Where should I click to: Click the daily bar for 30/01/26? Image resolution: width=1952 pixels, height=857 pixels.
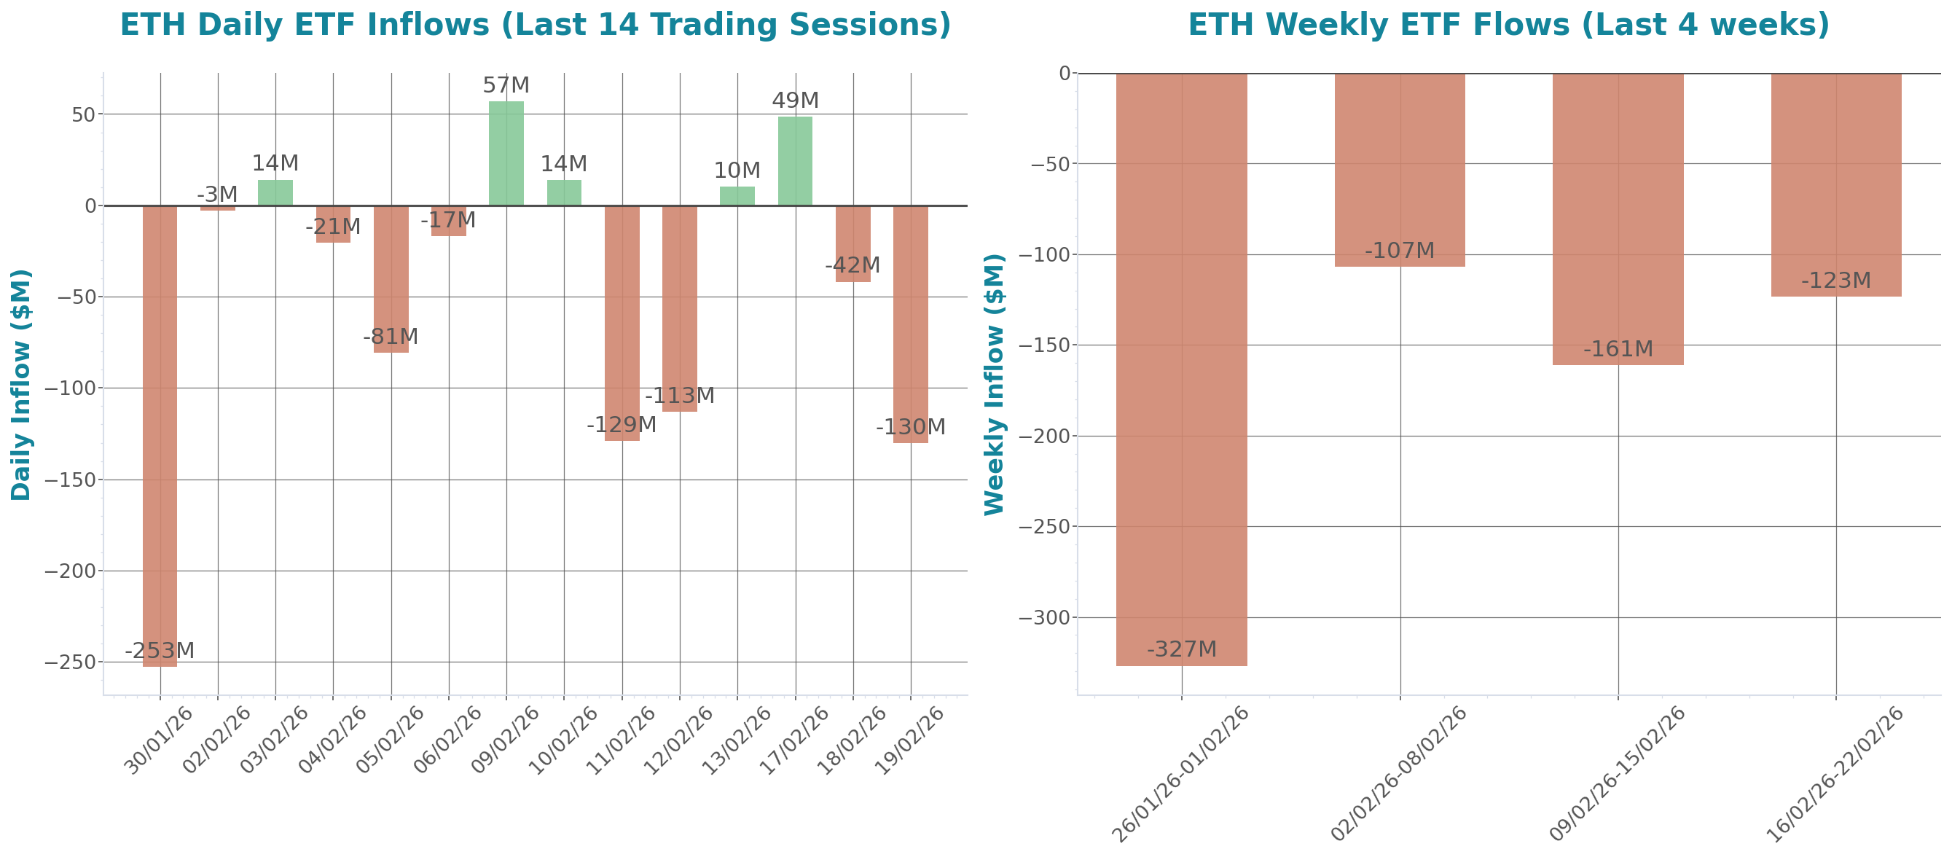(160, 436)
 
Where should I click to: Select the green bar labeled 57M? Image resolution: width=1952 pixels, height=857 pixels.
(506, 153)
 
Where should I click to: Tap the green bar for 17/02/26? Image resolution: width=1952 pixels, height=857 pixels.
(795, 160)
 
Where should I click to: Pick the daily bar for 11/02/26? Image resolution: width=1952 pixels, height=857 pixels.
(622, 323)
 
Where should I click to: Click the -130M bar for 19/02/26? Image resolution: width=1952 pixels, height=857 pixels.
(910, 324)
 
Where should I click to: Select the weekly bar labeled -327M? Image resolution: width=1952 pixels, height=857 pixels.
(1181, 369)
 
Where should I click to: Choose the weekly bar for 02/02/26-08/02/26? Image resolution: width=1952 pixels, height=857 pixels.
(1400, 170)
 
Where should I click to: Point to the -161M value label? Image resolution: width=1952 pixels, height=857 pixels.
(1618, 349)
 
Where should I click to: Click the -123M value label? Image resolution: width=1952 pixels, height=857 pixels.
(1836, 281)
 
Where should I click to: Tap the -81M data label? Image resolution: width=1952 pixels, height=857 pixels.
(391, 337)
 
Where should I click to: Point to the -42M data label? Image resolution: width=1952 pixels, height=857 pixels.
(852, 266)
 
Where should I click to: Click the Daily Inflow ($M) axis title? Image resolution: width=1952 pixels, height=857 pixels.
(20, 384)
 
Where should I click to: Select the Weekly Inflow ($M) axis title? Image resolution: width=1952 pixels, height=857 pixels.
(993, 384)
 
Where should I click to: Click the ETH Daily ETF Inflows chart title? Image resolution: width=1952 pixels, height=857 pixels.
(535, 24)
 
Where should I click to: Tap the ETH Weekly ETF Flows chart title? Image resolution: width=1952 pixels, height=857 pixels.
(1508, 24)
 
